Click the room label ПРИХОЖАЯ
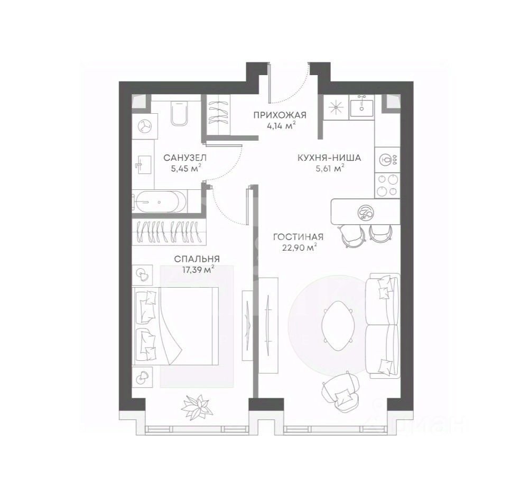pyautogui.click(x=280, y=115)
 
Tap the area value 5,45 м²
pyautogui.click(x=186, y=168)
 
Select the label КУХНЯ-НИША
pyautogui.click(x=329, y=158)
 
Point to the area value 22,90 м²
pyautogui.click(x=300, y=248)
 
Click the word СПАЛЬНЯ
pyautogui.click(x=197, y=259)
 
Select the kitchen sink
pyautogui.click(x=361, y=106)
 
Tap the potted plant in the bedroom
pyautogui.click(x=198, y=406)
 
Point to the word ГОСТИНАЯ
pyautogui.click(x=298, y=237)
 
